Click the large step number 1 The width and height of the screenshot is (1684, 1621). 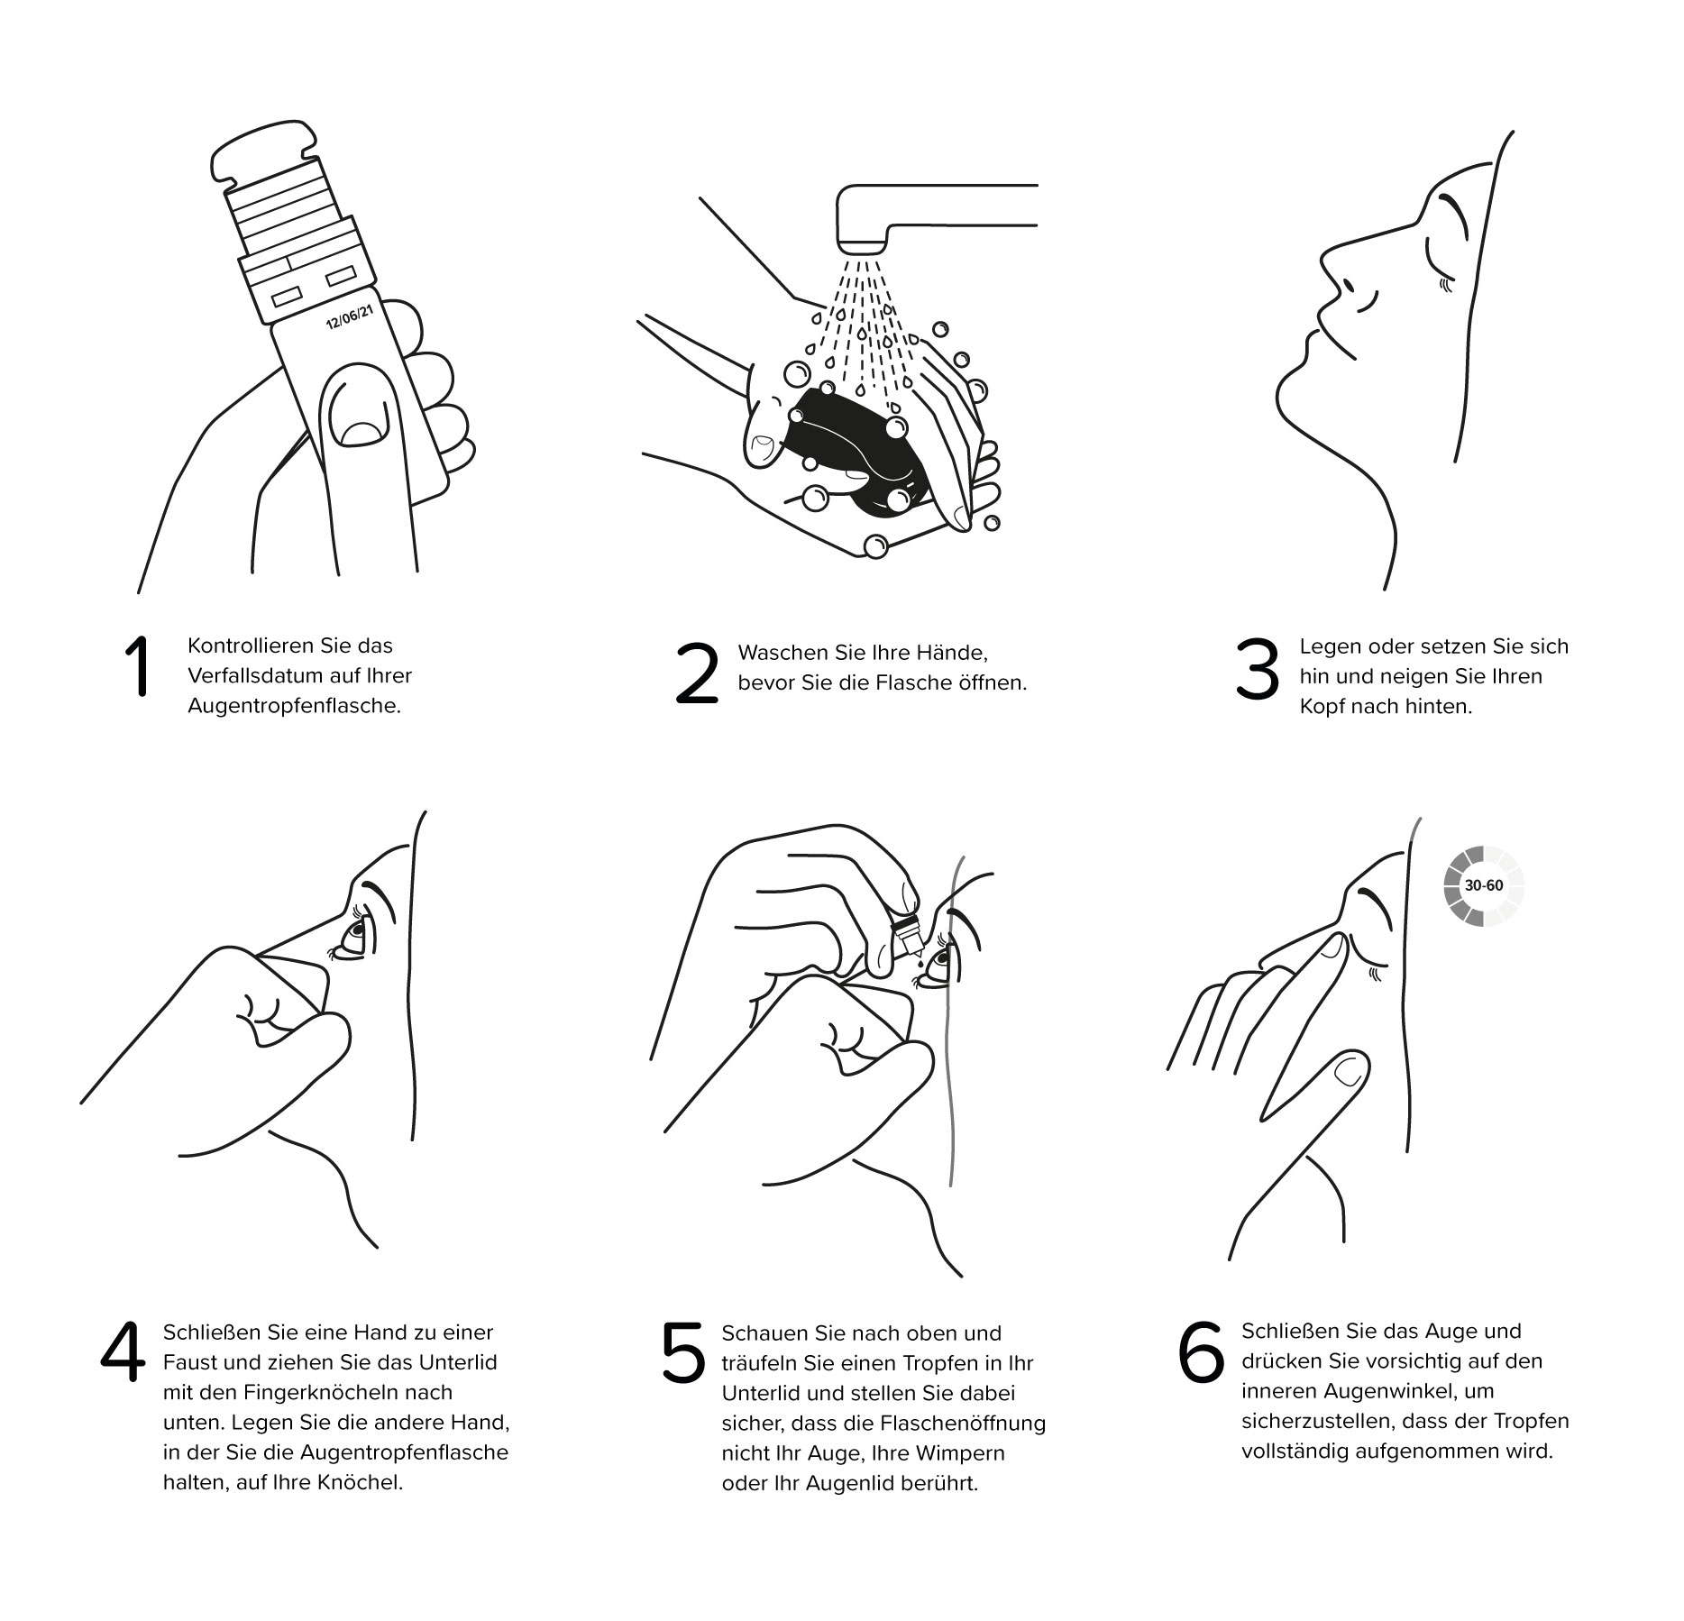pos(137,668)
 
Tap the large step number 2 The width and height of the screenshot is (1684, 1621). pos(697,673)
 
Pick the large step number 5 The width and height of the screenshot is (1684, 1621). pos(683,1353)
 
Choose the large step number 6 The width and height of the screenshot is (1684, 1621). pos(1201,1353)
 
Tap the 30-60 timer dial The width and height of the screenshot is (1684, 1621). pos(1483,885)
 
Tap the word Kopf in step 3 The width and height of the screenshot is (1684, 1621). pos(1322,707)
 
